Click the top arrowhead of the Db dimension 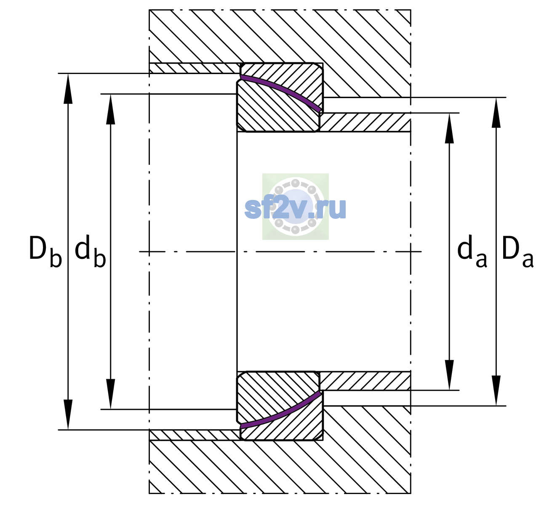click(68, 88)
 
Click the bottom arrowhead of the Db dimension click(68, 415)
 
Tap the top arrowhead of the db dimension click(111, 109)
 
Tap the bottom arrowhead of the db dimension click(111, 394)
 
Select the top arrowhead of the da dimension click(449, 128)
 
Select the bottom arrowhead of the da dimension click(449, 375)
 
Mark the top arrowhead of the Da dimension click(496, 112)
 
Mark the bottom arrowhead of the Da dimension click(496, 391)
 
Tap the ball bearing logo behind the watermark click(295, 207)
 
